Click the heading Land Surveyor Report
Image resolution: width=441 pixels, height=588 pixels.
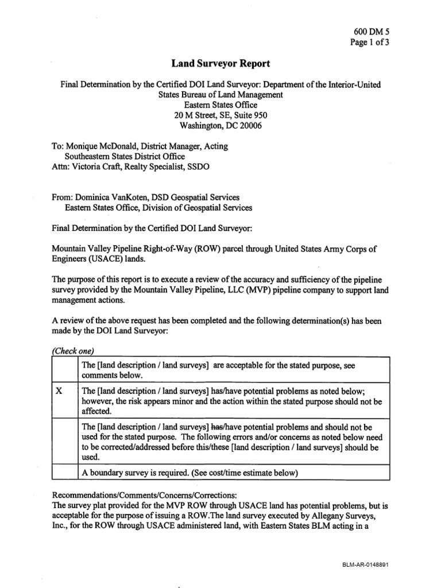220,64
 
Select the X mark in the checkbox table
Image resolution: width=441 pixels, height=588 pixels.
59,390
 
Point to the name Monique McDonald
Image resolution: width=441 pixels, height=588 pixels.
102,146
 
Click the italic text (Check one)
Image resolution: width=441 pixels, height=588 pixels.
73,351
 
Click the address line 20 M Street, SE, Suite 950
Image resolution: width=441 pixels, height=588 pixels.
220,115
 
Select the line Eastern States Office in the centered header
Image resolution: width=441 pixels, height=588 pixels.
220,105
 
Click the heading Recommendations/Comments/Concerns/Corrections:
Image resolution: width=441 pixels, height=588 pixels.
148,495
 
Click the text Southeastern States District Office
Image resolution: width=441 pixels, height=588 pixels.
125,156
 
